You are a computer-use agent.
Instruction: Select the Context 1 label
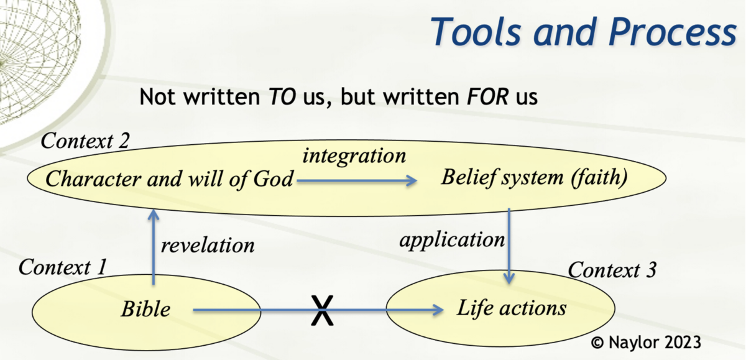point(63,267)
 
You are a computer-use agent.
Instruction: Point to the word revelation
point(208,245)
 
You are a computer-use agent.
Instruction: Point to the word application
point(452,239)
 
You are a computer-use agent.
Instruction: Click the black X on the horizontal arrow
point(321,310)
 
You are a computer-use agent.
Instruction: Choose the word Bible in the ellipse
point(145,309)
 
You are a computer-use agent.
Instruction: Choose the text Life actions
point(512,308)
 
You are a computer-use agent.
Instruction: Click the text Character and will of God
point(169,180)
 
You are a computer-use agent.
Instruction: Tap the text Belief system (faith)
point(534,178)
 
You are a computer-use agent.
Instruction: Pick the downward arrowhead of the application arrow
point(510,279)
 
